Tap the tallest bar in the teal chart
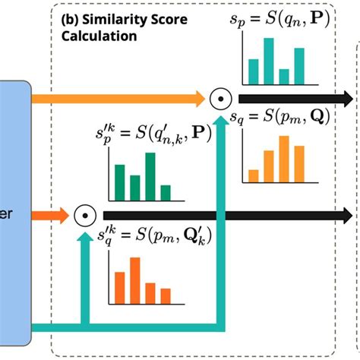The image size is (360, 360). coord(268,60)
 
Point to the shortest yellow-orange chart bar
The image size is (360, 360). coord(254,175)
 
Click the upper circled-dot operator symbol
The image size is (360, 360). coord(219,98)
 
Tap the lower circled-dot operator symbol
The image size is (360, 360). coord(84,216)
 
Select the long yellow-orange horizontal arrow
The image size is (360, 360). coord(122,98)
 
